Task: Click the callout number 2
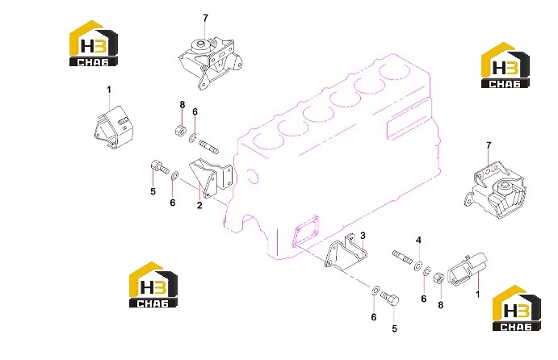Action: [x=199, y=205]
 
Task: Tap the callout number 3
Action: [x=363, y=236]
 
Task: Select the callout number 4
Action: [x=418, y=240]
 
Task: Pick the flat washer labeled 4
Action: [x=417, y=266]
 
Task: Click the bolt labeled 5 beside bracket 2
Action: [x=159, y=167]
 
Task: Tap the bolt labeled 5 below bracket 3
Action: [x=390, y=297]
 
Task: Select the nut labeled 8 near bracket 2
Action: [x=180, y=130]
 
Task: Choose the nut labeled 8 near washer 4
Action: [x=438, y=278]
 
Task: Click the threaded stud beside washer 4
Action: [x=402, y=255]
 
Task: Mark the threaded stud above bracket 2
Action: [x=209, y=147]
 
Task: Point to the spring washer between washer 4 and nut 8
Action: [x=428, y=271]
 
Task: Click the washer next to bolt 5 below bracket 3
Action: [x=375, y=290]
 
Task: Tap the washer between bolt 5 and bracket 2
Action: [x=174, y=176]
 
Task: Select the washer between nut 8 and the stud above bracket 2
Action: [x=193, y=138]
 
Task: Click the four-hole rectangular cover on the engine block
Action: [x=305, y=231]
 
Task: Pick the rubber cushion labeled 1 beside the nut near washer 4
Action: [x=466, y=269]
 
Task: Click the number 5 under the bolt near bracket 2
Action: [x=153, y=191]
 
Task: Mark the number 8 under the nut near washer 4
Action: [x=441, y=305]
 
